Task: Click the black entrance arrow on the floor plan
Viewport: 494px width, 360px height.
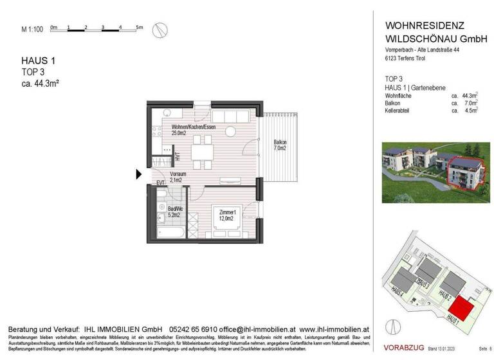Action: (x=138, y=174)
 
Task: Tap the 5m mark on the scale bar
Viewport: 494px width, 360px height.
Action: (x=139, y=27)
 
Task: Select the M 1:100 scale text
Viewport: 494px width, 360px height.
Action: (x=32, y=29)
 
